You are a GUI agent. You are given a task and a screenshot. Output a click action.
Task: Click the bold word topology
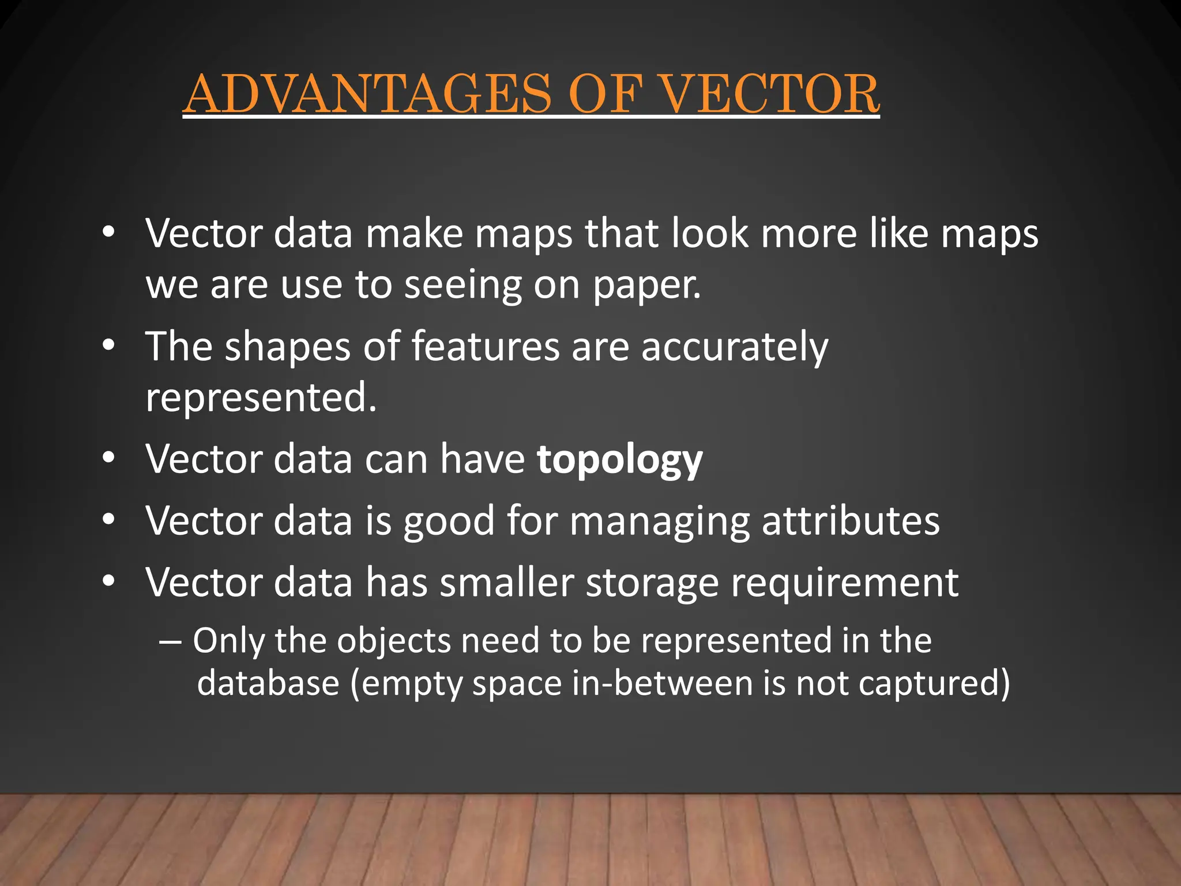tap(619, 460)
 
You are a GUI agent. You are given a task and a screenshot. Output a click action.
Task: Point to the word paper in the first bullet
tap(646, 286)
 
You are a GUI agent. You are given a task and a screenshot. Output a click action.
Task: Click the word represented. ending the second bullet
tap(261, 398)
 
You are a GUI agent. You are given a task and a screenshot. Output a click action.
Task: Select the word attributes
tap(851, 521)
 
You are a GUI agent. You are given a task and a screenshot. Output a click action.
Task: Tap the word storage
tap(652, 583)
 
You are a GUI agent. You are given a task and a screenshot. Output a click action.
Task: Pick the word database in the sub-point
tap(268, 684)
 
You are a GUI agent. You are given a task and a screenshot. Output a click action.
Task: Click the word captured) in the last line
tap(934, 684)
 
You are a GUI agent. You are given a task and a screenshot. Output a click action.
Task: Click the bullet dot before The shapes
tap(108, 346)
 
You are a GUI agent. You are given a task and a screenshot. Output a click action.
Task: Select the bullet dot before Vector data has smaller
tap(108, 581)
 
